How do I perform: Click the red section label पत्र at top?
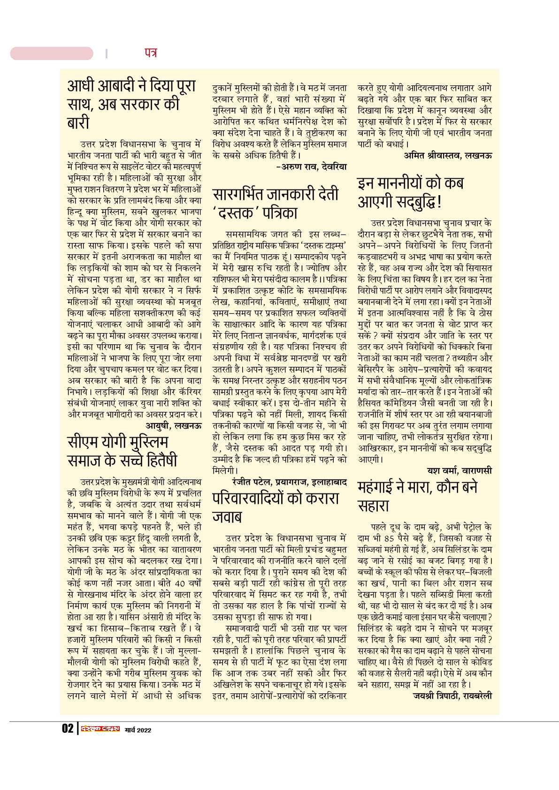coord(150,53)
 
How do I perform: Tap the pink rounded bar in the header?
coord(52,53)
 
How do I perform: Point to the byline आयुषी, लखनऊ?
coord(174,425)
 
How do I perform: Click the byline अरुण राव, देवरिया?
coord(312,166)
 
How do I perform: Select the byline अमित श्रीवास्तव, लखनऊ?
coord(448,155)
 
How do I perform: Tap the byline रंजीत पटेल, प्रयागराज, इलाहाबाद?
coord(289,481)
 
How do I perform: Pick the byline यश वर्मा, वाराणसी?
coord(459,470)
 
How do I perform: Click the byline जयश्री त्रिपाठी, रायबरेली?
coord(452,695)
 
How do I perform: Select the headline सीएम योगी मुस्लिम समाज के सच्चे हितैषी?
coord(122,451)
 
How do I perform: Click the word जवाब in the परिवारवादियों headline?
coord(228,517)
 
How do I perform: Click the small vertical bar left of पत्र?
coord(107,53)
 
